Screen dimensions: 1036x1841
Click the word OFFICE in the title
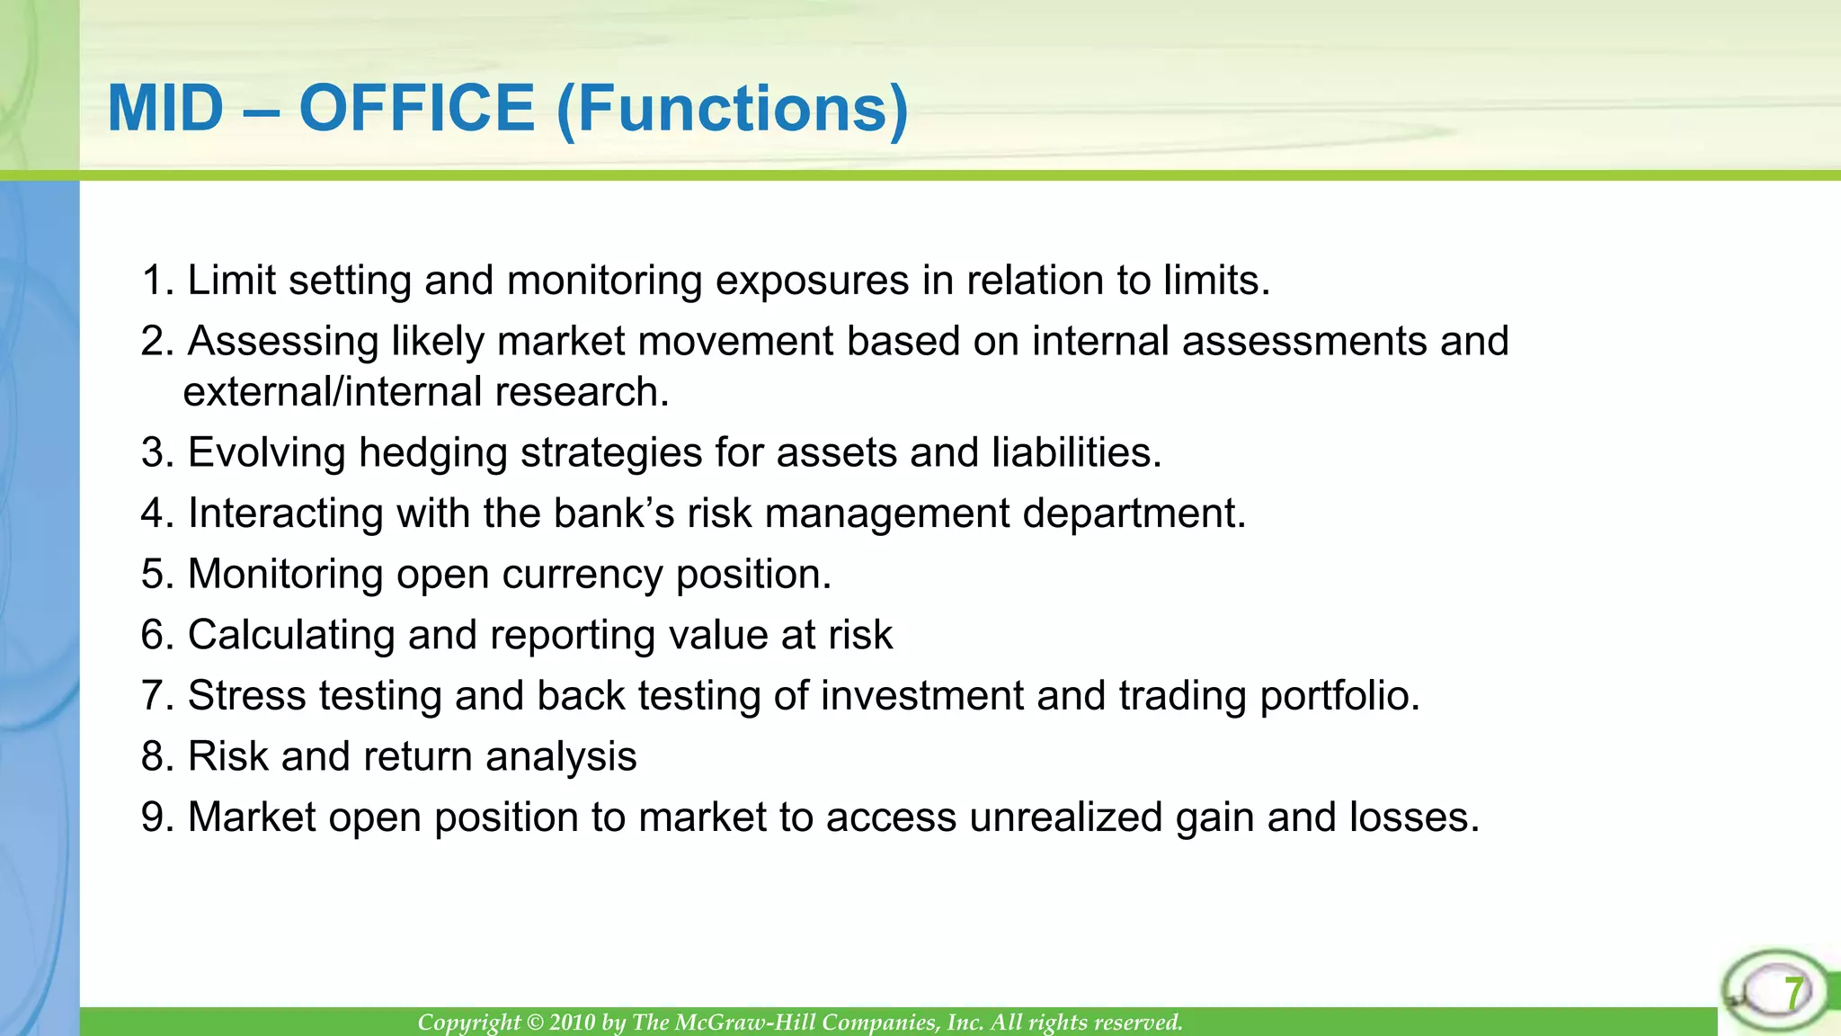pyautogui.click(x=416, y=108)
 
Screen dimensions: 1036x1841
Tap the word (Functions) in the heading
pyautogui.click(x=733, y=110)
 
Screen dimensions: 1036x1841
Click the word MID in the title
pyautogui.click(x=165, y=108)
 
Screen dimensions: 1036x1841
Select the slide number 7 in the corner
pyautogui.click(x=1792, y=994)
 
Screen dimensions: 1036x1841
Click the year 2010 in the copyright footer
pyautogui.click(x=574, y=1023)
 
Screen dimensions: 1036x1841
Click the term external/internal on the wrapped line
pyautogui.click(x=332, y=392)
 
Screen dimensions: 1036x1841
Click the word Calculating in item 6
pyautogui.click(x=291, y=636)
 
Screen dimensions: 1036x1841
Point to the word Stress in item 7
pyautogui.click(x=246, y=696)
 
